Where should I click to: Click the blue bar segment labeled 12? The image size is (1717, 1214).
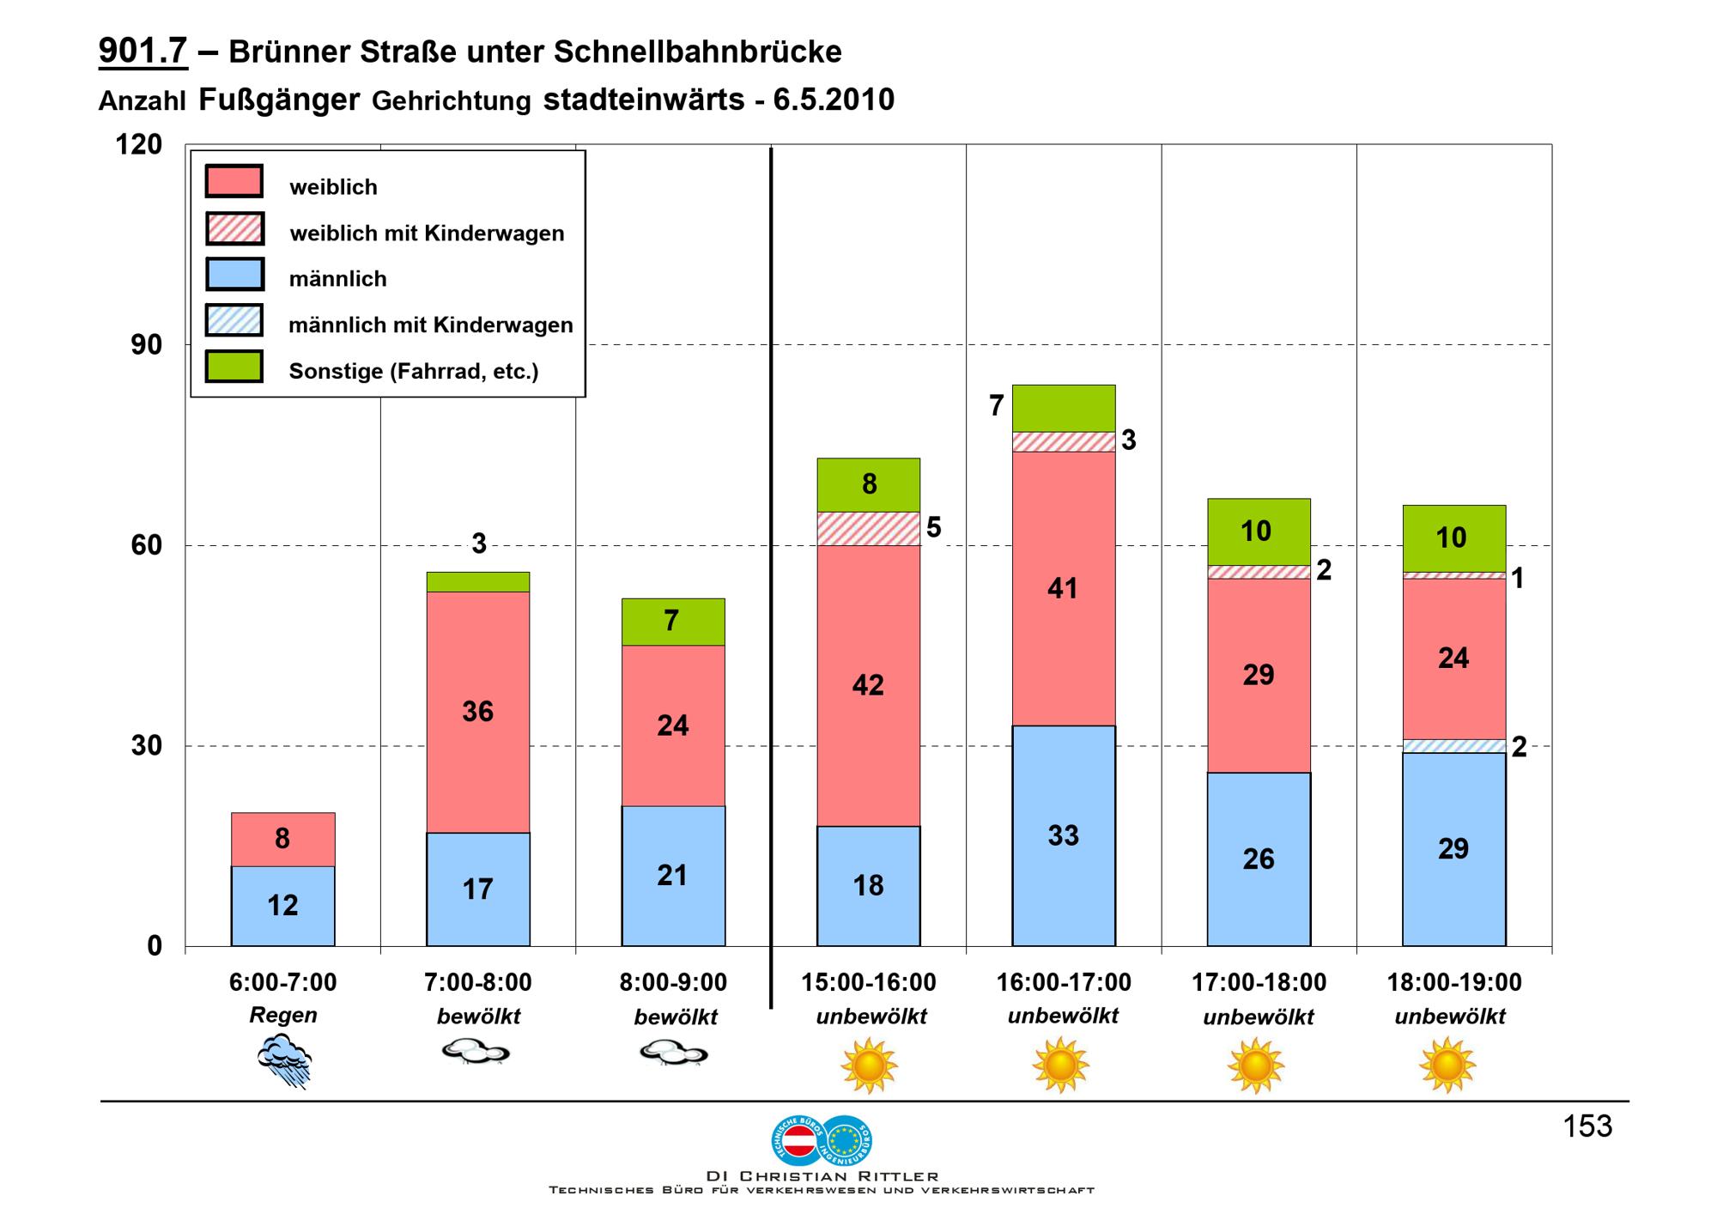coord(282,906)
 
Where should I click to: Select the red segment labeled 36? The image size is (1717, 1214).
coord(478,712)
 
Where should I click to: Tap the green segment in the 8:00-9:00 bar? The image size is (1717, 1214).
coord(673,622)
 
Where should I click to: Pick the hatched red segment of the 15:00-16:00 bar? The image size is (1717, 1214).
coord(868,529)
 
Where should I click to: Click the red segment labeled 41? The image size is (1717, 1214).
coord(1064,588)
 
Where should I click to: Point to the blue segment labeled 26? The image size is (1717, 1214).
coord(1259,859)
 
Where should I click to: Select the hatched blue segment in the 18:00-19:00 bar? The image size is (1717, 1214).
coord(1453,746)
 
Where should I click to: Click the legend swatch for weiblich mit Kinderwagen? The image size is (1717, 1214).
coord(234,229)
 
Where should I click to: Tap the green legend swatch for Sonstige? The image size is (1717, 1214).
coord(234,367)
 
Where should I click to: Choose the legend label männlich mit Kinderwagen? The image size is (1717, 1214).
coord(431,325)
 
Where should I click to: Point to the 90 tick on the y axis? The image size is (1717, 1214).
coord(146,345)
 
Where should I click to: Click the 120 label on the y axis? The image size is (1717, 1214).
coord(139,144)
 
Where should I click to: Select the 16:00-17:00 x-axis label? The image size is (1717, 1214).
coord(1064,982)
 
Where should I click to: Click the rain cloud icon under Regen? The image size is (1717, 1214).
coord(284,1061)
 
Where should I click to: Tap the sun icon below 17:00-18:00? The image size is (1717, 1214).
coord(1256,1065)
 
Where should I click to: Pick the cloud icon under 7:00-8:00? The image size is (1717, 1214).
coord(476,1053)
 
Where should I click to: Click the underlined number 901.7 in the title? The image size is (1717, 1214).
coord(143,52)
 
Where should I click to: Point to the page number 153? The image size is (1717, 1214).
coord(1587,1126)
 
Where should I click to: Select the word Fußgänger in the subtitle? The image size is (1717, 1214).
coord(279,100)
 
